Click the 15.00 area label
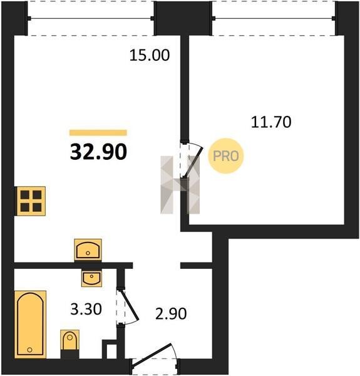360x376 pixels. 150,55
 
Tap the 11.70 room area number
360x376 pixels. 271,122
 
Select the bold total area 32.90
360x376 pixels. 98,152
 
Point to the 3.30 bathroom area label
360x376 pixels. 86,309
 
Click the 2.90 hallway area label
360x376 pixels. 171,314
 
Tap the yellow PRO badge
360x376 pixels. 225,156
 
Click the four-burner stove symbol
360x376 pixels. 31,201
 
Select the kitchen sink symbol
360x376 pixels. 88,250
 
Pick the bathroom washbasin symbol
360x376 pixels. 91,278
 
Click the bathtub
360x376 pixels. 30,324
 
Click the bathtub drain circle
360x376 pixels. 29,350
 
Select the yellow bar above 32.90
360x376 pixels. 98,133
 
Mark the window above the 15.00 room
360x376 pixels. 91,18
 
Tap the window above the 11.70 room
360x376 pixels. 274,18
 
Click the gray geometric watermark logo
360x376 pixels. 180,185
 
